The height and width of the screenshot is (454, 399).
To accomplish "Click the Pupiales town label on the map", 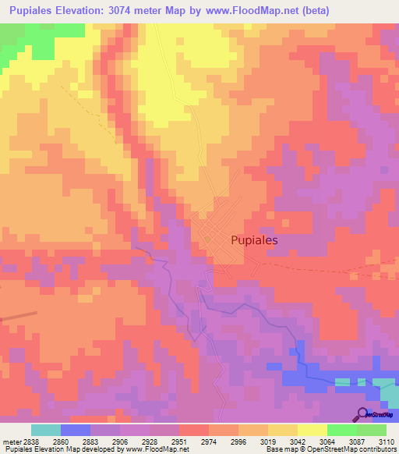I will (x=254, y=241).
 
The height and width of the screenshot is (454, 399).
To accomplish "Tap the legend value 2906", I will (x=119, y=442).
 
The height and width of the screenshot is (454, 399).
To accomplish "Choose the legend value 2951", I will (x=178, y=442).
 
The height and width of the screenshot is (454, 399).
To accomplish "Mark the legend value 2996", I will (x=238, y=442).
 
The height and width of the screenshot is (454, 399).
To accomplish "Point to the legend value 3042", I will (x=297, y=442).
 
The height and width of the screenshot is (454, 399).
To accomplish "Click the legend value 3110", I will (x=385, y=442).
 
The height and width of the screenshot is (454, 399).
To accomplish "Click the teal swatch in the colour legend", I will (x=46, y=430).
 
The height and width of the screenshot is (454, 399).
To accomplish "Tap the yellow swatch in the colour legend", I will (x=312, y=430).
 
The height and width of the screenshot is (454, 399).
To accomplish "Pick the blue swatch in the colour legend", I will (x=76, y=430).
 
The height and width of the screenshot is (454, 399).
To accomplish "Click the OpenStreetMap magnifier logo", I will (x=362, y=413).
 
